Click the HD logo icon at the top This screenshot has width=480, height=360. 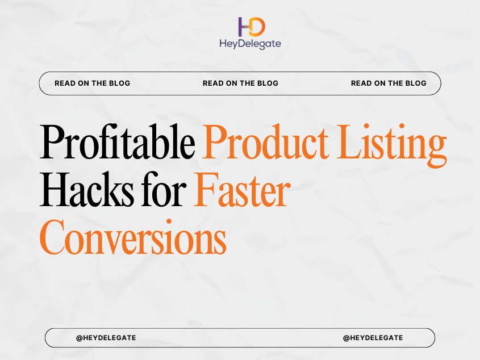[x=251, y=26]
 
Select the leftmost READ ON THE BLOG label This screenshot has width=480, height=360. [x=92, y=83]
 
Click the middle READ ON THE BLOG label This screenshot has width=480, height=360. [x=240, y=83]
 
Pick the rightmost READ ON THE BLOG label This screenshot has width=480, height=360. [x=389, y=83]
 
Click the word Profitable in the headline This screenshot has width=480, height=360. [x=117, y=143]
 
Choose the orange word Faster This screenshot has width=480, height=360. [x=241, y=191]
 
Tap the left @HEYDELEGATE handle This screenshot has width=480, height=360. [x=106, y=338]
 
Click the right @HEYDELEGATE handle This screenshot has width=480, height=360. [x=373, y=338]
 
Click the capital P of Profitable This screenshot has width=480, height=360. [x=52, y=143]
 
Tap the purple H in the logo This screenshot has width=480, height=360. [x=244, y=26]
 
